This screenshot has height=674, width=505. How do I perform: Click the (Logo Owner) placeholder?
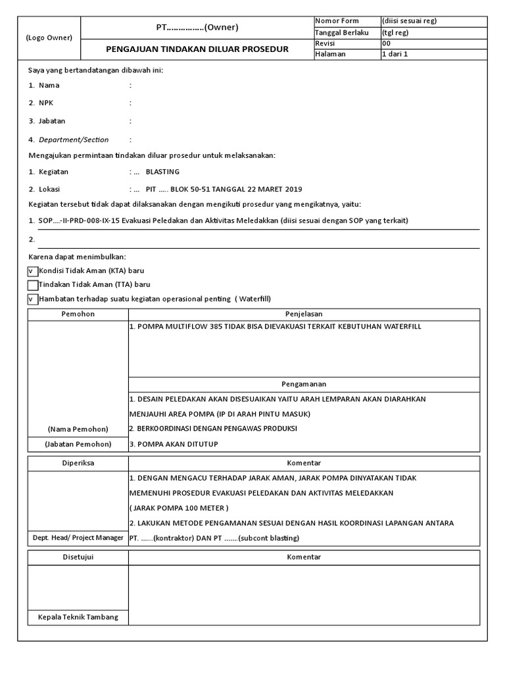[49, 38]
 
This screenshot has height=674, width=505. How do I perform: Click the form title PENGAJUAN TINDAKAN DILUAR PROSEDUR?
[197, 49]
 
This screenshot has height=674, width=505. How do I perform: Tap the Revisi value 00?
[387, 43]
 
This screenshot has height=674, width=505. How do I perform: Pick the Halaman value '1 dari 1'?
[395, 54]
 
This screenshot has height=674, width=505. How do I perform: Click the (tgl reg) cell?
[395, 32]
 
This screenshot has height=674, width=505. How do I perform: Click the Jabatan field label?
[52, 121]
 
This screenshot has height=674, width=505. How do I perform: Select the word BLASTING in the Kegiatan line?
[162, 172]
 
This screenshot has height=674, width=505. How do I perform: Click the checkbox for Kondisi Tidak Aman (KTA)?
[32, 271]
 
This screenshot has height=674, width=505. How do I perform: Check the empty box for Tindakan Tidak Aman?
[32, 284]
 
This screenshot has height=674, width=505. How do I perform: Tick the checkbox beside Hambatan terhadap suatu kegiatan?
[32, 299]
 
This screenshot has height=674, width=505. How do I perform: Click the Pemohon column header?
[78, 314]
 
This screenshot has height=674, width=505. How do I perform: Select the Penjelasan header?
[303, 314]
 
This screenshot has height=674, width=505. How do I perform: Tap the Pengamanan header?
[303, 384]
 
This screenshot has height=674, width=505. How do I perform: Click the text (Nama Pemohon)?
[78, 429]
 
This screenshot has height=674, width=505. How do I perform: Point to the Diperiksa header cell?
[78, 463]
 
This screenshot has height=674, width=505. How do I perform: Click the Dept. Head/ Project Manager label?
[78, 538]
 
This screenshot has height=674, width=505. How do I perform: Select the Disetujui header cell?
[78, 557]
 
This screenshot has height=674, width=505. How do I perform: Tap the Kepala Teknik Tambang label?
[78, 617]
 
